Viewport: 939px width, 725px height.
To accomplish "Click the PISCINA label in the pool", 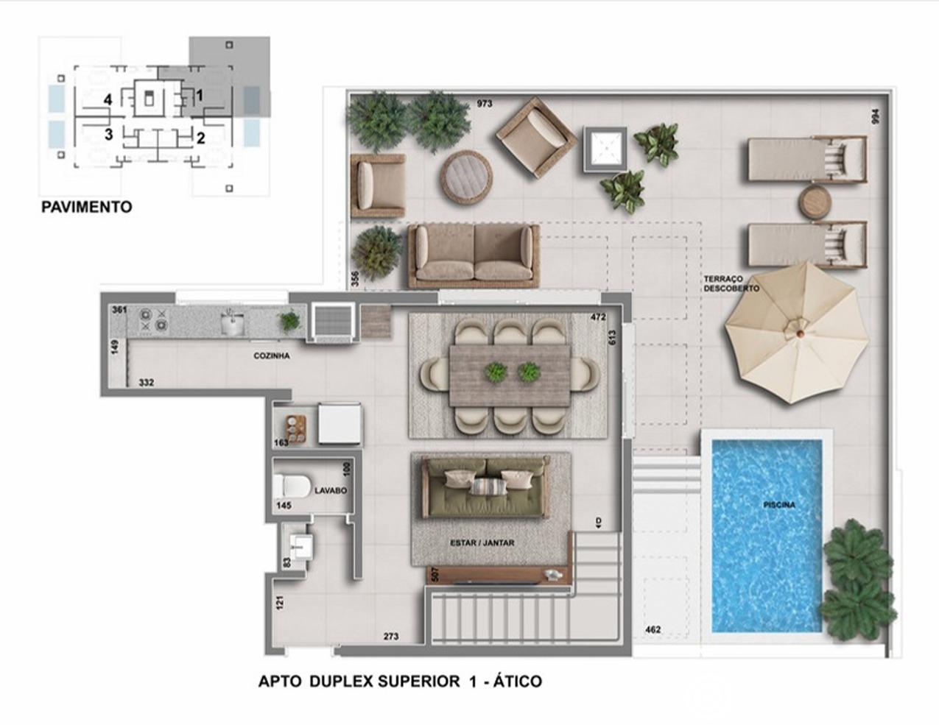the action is pyautogui.click(x=779, y=504).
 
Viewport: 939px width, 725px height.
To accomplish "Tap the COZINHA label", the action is pyautogui.click(x=271, y=356).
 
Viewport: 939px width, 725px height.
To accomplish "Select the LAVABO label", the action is pyautogui.click(x=331, y=490).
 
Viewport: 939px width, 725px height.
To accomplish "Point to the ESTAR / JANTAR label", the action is pyautogui.click(x=482, y=542).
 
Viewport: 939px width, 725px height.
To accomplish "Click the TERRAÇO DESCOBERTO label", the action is pyautogui.click(x=731, y=283).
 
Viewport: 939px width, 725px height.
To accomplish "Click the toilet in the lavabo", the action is pyautogui.click(x=292, y=485).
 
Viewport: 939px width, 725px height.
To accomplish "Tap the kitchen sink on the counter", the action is pyautogui.click(x=233, y=322).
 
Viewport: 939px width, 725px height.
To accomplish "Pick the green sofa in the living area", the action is pyautogui.click(x=487, y=488).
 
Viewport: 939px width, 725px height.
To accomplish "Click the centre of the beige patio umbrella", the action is pyautogui.click(x=796, y=333).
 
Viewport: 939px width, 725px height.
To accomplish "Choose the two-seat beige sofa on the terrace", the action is pyautogui.click(x=474, y=256).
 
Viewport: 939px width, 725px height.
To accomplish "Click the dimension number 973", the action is pyautogui.click(x=485, y=104).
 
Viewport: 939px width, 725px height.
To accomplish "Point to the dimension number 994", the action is pyautogui.click(x=876, y=116).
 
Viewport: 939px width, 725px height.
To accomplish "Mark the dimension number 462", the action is pyautogui.click(x=653, y=629).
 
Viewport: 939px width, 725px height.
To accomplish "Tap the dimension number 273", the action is pyautogui.click(x=391, y=637).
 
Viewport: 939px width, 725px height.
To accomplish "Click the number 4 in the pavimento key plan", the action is pyautogui.click(x=108, y=100).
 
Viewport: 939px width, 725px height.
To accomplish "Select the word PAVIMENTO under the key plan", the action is pyautogui.click(x=86, y=207).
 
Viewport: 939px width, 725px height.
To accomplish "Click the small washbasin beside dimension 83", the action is pyautogui.click(x=300, y=546).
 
